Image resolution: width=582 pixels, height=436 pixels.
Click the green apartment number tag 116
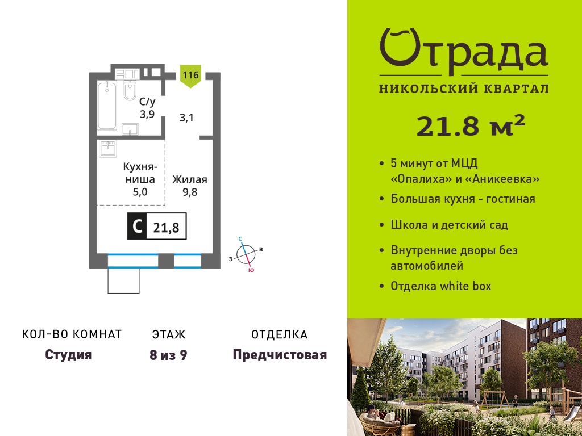point(190,76)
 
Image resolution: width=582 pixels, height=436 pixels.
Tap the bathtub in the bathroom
point(107,106)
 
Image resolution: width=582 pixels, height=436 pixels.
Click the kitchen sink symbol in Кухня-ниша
point(108,149)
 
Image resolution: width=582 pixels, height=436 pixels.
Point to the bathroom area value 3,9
point(147,114)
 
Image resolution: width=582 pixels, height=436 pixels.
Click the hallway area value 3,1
point(186,118)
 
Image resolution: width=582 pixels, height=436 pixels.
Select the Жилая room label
point(190,180)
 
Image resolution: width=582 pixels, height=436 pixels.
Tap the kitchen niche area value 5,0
point(140,192)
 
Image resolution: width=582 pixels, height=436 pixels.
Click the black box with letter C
point(137,226)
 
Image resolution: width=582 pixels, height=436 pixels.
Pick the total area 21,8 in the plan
point(167,227)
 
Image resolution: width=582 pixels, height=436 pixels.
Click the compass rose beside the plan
point(246,255)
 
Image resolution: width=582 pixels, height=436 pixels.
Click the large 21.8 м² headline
point(471,127)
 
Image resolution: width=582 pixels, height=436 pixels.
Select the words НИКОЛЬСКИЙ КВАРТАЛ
point(464,89)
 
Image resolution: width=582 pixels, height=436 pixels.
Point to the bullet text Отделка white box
point(441,286)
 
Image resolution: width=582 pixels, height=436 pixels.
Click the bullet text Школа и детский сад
point(449,225)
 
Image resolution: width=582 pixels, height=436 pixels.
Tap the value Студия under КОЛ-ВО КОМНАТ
point(68,355)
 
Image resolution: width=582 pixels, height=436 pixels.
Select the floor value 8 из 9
point(168,355)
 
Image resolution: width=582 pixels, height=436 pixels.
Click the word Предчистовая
point(280,355)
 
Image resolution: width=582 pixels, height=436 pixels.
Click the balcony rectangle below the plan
point(123,280)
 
